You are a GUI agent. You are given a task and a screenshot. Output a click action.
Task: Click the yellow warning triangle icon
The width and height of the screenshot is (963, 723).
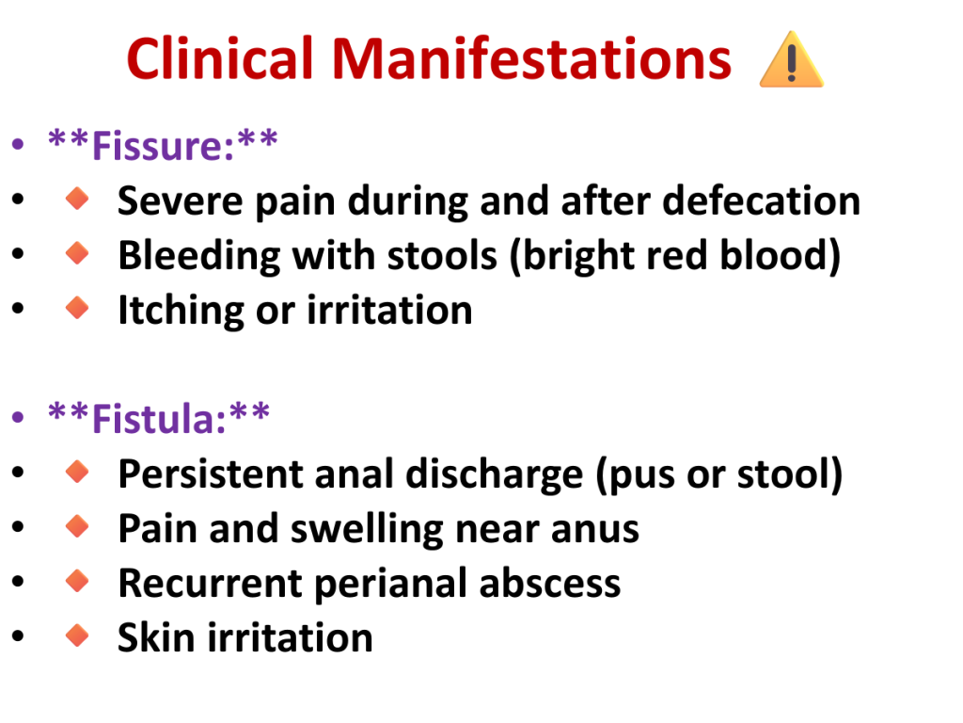click(x=791, y=59)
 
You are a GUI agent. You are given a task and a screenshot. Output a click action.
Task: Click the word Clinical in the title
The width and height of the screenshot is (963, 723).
click(x=220, y=58)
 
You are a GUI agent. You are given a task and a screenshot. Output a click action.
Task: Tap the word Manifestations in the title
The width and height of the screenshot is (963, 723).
click(x=532, y=58)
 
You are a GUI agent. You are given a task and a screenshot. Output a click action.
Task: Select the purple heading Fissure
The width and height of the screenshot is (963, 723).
click(x=163, y=146)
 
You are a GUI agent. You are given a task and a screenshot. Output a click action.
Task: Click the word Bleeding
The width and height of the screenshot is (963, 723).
click(x=199, y=256)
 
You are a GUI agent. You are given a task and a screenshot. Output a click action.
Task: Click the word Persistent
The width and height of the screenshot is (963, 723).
click(x=211, y=474)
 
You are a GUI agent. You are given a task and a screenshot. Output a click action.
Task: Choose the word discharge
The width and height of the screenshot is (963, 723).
click(x=494, y=475)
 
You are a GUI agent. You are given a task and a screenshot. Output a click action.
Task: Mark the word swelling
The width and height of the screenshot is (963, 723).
click(x=367, y=530)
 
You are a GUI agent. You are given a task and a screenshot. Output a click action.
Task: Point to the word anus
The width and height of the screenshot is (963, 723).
click(x=594, y=530)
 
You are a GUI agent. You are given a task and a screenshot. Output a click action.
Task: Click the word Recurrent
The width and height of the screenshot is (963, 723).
click(x=210, y=584)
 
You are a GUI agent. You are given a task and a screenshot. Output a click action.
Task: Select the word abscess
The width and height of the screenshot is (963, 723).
click(x=549, y=584)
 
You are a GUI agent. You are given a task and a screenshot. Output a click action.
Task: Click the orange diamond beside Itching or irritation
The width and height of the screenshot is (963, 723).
click(x=77, y=308)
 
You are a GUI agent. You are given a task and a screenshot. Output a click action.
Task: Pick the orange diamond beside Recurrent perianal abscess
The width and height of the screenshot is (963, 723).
click(x=77, y=580)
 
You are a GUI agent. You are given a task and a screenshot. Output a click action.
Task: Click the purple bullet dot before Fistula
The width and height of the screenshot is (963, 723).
click(x=18, y=417)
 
